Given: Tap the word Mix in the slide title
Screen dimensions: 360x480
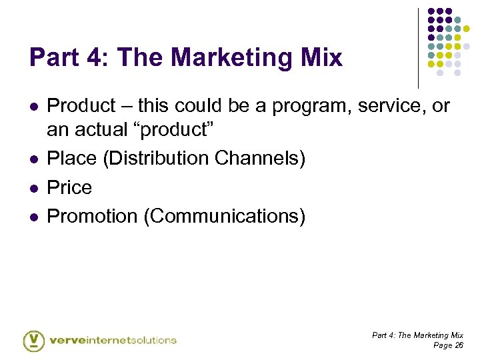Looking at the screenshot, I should coord(321,58).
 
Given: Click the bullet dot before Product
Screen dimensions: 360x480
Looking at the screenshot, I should coord(33,107).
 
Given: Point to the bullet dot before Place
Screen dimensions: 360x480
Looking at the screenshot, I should coord(33,159).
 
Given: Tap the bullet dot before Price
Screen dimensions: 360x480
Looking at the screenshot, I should coord(33,188).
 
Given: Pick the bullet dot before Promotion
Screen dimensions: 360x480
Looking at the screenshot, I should coord(33,217).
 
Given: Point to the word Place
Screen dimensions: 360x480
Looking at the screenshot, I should coord(71,159).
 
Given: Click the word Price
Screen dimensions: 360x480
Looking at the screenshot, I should coord(70,187).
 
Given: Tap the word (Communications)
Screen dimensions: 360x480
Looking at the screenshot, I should coord(221,217).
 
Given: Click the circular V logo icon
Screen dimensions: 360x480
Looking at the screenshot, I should coord(33,340).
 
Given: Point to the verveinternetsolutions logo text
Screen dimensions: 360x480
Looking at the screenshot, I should coord(113,340).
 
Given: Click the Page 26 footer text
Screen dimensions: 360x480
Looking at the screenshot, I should coord(448,345).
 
